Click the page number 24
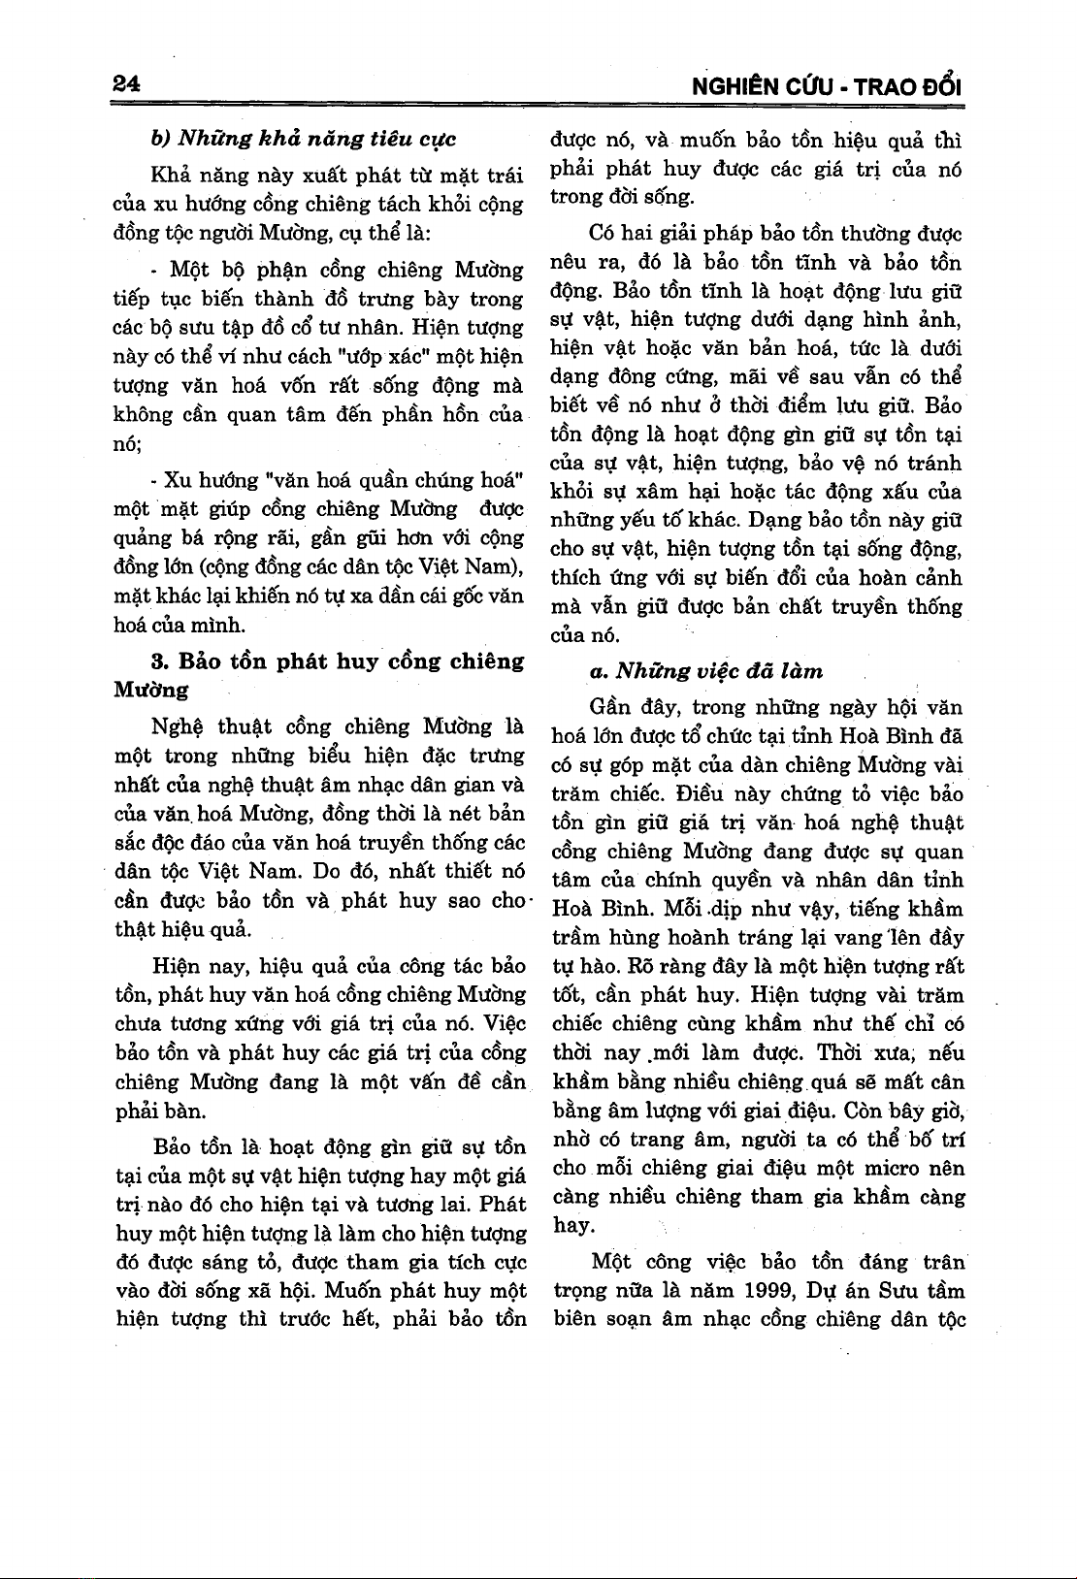tap(127, 84)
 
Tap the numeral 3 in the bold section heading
tap(158, 662)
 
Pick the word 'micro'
tap(884, 1168)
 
